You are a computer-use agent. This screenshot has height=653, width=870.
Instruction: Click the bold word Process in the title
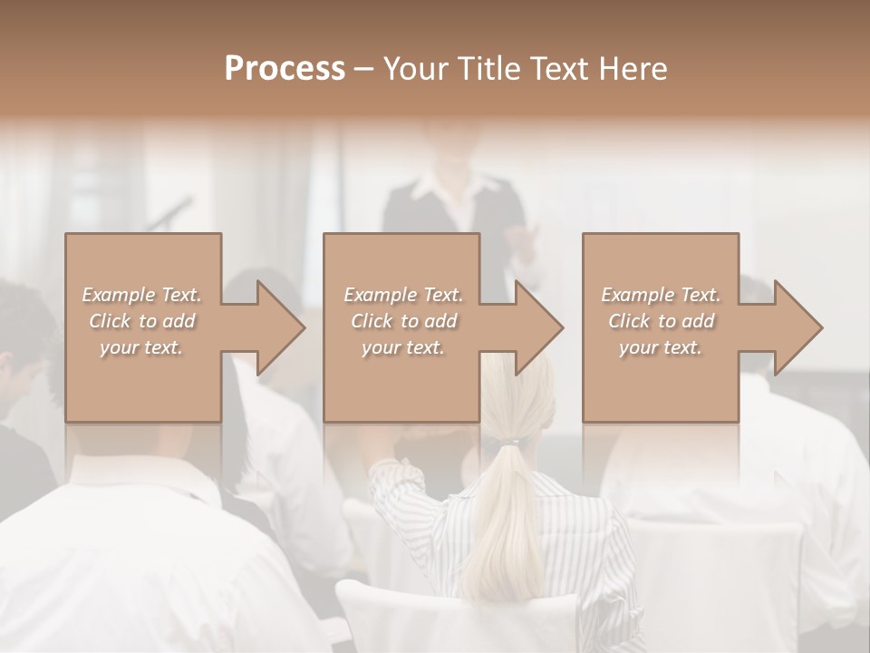285,69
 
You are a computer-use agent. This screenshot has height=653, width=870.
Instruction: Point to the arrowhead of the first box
279,327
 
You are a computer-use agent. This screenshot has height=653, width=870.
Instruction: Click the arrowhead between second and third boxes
537,327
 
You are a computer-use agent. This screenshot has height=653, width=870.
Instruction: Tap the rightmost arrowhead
797,327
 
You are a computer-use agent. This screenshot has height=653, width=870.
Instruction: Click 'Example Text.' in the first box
141,295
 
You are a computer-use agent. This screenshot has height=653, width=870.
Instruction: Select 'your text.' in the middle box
402,347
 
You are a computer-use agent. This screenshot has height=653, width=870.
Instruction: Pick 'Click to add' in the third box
662,321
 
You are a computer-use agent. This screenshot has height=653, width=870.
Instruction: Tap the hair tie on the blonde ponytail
509,443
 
